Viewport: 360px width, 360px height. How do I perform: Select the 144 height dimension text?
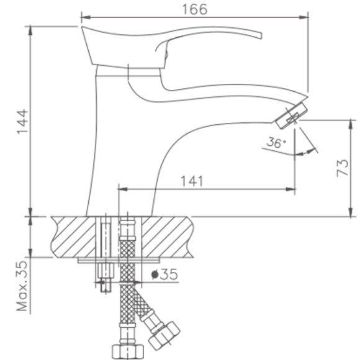pyautogui.click(x=20, y=122)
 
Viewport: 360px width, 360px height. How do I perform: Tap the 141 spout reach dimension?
pyautogui.click(x=192, y=181)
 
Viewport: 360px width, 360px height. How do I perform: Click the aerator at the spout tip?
pyautogui.click(x=294, y=114)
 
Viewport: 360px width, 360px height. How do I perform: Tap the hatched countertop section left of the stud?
pyautogui.click(x=74, y=236)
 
